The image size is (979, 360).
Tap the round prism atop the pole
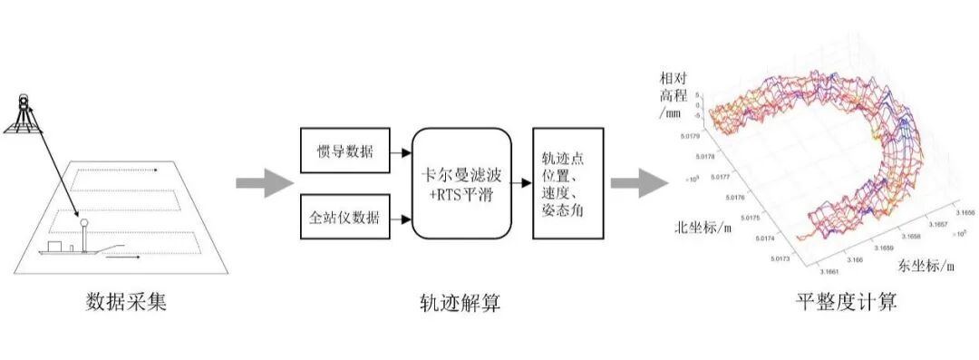82,220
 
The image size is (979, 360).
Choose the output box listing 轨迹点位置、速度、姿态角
567,183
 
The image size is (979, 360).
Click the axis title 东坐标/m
926,267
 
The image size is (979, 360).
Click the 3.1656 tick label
964,210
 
